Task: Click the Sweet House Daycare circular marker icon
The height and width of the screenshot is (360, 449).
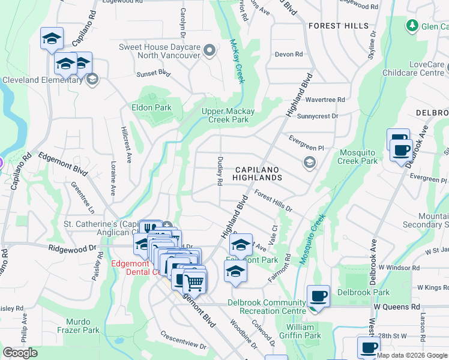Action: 209,51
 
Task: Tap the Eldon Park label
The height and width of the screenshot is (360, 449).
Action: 152,108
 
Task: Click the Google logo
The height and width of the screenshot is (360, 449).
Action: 20,353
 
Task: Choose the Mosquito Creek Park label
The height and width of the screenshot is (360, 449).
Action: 358,157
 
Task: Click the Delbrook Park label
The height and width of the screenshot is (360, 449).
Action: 363,293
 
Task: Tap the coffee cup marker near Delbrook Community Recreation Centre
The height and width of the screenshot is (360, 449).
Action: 318,296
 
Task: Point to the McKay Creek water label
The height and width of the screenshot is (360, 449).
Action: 237,62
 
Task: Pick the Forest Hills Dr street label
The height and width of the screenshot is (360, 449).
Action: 273,201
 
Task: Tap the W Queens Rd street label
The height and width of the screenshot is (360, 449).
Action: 396,307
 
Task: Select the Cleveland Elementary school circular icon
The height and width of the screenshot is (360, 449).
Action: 92,79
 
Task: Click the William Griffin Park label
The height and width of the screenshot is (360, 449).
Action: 300,331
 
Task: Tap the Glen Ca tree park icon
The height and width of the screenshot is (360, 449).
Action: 412,26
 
